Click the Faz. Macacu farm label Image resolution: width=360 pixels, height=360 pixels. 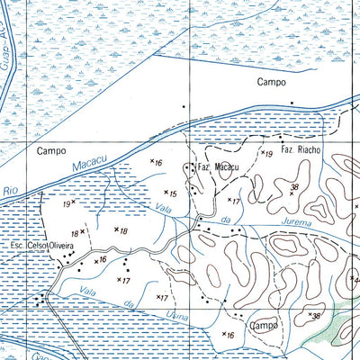(x=218, y=167)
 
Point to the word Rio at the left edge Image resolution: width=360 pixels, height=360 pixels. (x=10, y=191)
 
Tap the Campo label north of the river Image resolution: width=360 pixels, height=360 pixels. (x=270, y=82)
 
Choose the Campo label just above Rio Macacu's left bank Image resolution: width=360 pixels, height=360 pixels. (x=52, y=151)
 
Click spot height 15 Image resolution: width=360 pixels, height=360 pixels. (x=171, y=193)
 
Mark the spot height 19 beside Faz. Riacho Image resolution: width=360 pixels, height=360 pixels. (x=266, y=155)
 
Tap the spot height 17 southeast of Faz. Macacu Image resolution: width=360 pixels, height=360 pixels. (x=234, y=200)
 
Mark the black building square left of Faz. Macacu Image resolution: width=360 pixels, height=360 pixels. (x=189, y=166)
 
